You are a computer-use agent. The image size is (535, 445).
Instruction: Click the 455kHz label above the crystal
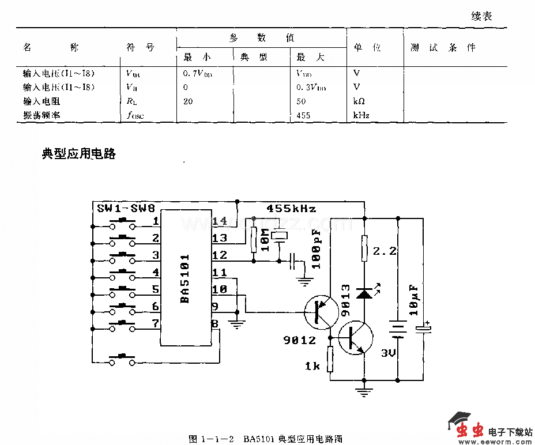tap(291, 209)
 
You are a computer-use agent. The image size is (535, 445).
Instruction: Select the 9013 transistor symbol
tap(354, 338)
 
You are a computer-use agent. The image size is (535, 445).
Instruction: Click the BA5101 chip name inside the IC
tap(184, 279)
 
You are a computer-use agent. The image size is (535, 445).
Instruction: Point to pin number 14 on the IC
tap(220, 221)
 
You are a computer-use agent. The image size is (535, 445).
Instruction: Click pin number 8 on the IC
tap(214, 324)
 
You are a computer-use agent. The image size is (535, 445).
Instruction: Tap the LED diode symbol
tap(364, 293)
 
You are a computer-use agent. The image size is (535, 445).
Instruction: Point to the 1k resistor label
tap(312, 365)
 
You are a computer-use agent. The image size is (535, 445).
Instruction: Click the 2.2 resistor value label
tap(384, 252)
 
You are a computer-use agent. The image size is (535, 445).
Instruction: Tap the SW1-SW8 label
tap(125, 208)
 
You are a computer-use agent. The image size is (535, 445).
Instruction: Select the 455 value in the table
tap(303, 115)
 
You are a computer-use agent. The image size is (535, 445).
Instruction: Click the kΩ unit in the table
tap(359, 101)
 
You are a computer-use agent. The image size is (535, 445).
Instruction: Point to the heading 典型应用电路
tap(79, 154)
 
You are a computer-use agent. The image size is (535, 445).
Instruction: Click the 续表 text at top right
tap(481, 17)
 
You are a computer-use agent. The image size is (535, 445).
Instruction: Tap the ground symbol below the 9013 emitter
tap(364, 394)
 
